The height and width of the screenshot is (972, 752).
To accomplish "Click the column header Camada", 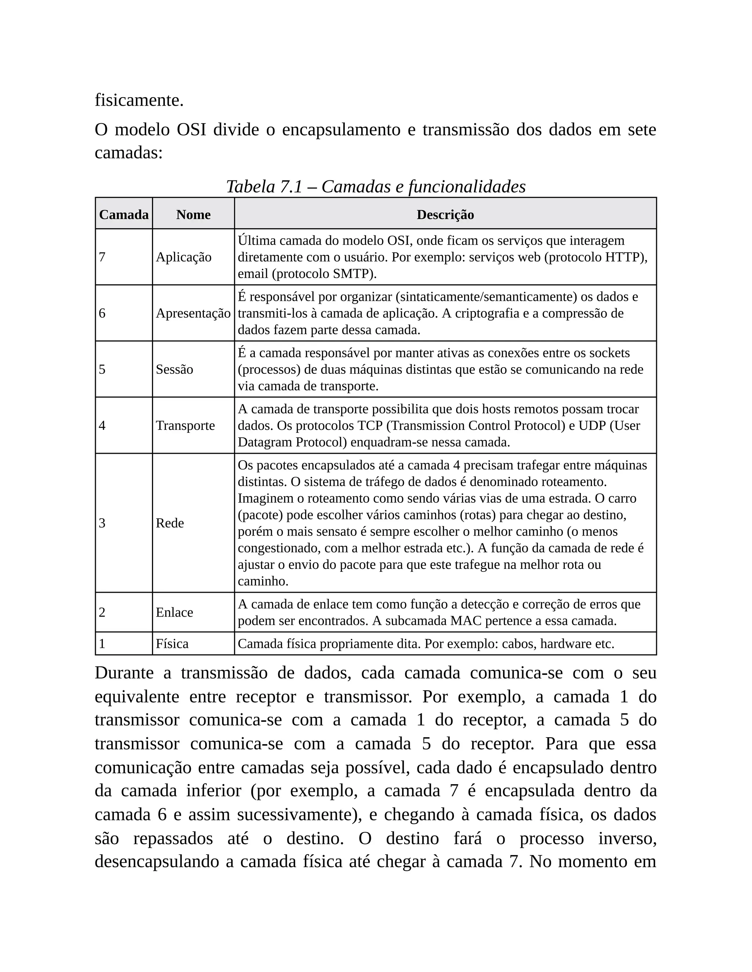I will click(123, 215).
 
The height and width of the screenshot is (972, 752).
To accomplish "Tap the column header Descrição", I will click(445, 215).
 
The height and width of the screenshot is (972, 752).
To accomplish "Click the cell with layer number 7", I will click(102, 257).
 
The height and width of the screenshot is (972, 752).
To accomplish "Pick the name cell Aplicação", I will click(184, 257).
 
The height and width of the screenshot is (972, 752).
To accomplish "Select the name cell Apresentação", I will click(193, 313).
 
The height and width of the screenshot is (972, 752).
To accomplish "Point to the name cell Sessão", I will click(174, 369).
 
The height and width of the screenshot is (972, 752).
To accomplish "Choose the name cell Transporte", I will click(185, 425).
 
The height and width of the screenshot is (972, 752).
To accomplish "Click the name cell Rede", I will click(170, 523).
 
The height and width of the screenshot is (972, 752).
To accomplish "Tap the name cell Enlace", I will click(174, 613).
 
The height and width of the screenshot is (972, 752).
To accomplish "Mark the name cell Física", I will click(172, 644).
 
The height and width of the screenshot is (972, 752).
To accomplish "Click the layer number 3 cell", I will click(102, 523).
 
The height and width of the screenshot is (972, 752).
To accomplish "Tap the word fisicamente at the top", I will click(139, 101).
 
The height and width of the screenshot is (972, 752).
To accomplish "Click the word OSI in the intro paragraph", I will click(191, 130).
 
